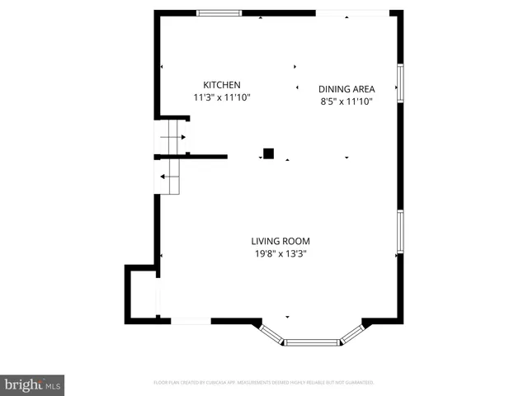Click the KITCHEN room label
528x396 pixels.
click(222, 85)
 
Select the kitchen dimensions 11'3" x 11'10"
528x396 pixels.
click(222, 97)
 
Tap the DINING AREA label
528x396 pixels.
click(347, 89)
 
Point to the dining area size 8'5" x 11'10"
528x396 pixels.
click(347, 101)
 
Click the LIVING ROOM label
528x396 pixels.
click(280, 242)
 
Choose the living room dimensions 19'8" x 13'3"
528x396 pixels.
click(280, 254)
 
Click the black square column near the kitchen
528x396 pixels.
click(268, 153)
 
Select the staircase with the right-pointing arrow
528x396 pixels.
click(172, 137)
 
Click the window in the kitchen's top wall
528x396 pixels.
click(219, 12)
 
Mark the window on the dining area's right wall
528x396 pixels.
click(399, 82)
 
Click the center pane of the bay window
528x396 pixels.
click(312, 342)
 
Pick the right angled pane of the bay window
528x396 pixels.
click(352, 332)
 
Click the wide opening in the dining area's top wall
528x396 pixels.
click(353, 12)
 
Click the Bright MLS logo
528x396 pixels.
click(32, 384)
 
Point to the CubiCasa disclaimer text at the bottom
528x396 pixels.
click(264, 383)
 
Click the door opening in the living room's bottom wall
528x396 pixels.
click(191, 320)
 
